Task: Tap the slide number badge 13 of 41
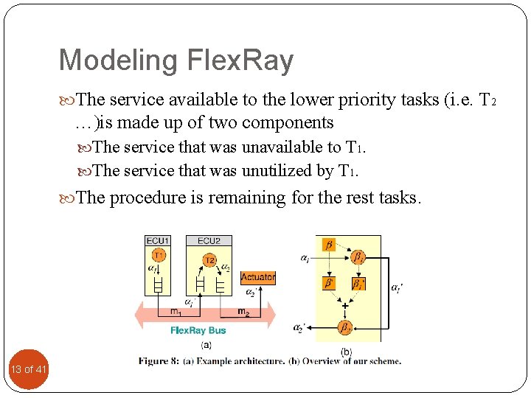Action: pos(29,369)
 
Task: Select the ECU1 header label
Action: pos(159,240)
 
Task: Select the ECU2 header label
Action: pos(209,240)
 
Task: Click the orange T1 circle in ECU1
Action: pos(159,255)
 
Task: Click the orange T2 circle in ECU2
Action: pos(209,259)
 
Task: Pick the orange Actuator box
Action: pos(258,277)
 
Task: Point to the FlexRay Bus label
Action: pos(198,330)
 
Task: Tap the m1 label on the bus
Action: pos(176,312)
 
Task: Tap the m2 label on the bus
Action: pos(243,312)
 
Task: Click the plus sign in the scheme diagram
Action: pos(344,304)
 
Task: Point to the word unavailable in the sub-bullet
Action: pos(280,147)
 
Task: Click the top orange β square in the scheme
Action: pos(329,244)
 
